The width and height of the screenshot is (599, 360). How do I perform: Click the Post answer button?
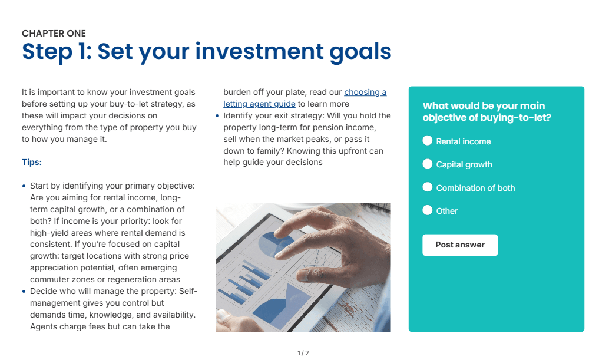coord(460,245)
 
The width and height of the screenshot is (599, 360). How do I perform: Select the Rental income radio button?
coord(428,141)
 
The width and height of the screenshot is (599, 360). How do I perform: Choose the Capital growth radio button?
coord(428,164)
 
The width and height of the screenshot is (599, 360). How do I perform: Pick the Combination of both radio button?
coord(428,187)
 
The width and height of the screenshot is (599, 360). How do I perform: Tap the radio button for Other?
coord(428,210)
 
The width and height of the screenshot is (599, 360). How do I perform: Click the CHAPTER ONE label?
coord(54,34)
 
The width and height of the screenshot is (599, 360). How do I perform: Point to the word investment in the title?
coord(259,51)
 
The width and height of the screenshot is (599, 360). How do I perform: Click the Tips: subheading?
coord(32,162)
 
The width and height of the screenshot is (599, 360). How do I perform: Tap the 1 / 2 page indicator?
coord(303,353)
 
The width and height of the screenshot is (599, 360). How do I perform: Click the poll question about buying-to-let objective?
coord(487,111)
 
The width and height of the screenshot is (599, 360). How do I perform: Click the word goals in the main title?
coord(360,52)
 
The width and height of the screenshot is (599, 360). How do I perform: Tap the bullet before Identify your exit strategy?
coord(217,116)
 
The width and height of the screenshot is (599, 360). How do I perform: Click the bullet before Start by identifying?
coord(24,186)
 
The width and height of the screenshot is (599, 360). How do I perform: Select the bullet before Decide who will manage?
coord(24,292)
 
